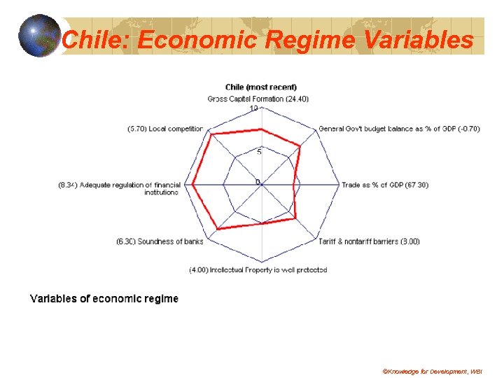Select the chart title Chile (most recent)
coord(260,87)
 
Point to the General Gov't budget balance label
coord(398,129)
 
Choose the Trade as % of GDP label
coord(384,185)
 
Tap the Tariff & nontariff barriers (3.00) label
coord(369,241)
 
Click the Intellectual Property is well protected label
coord(258,269)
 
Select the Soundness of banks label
coord(160,241)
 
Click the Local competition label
coord(165,129)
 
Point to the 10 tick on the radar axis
coord(254,108)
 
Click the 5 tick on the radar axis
coord(258,152)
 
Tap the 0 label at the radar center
coord(258,182)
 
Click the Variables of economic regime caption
coord(104,299)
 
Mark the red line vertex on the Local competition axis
coord(212,135)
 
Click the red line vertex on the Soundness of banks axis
coord(218,229)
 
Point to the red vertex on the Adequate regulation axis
coord(193,185)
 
